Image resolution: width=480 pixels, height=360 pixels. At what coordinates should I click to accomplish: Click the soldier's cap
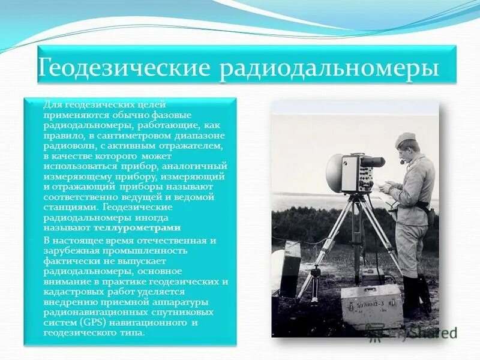coord(405,139)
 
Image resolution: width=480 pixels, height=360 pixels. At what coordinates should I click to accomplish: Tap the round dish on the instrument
coord(334,173)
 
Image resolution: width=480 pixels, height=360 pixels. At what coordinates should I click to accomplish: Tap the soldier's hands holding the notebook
coord(388,187)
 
